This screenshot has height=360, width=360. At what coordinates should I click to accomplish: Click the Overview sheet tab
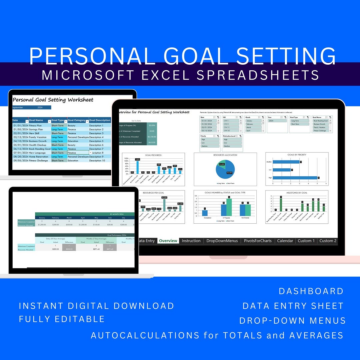tap(168, 241)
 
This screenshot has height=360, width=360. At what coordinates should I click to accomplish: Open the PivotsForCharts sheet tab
tap(258, 241)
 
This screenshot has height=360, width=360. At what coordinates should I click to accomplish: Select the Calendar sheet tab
tap(285, 241)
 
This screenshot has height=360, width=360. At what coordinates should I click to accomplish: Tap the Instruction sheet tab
tap(191, 241)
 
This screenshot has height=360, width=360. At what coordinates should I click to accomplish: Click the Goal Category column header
tap(76, 120)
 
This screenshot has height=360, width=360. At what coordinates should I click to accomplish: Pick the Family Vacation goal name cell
tap(38, 137)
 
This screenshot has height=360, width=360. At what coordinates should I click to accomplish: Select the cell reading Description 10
tap(96, 161)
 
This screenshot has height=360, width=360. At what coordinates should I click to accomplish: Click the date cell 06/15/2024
tap(20, 149)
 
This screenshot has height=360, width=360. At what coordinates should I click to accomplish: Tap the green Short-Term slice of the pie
tap(222, 164)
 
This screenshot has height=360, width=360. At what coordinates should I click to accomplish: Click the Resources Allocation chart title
tap(225, 155)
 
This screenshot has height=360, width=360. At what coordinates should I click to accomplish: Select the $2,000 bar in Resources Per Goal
tap(164, 205)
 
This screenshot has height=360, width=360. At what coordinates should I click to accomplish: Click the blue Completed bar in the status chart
tap(205, 213)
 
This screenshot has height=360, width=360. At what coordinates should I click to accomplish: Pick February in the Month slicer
tap(253, 124)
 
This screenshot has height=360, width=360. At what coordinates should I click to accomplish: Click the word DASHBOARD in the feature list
tap(311, 291)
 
